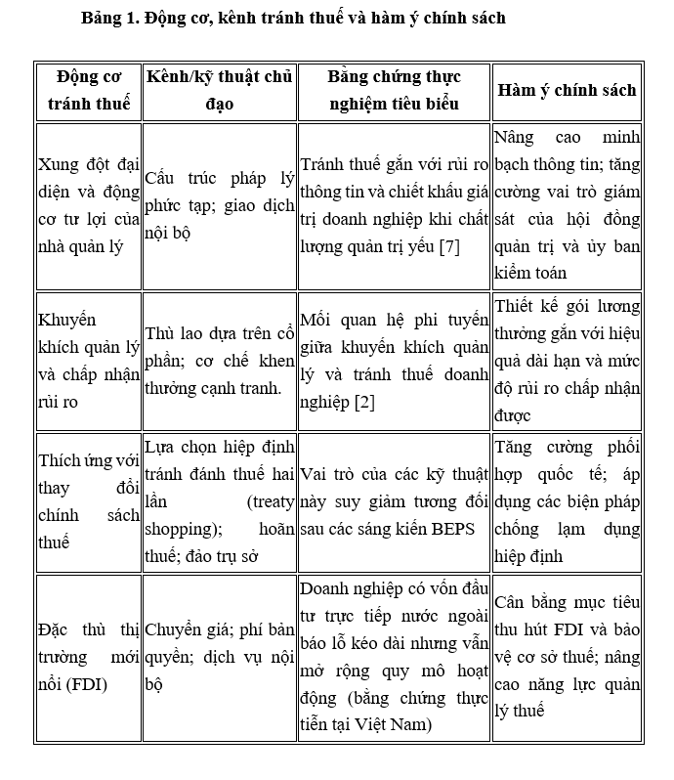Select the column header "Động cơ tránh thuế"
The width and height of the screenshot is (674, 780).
87,90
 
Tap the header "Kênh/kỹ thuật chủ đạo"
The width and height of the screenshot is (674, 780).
219,90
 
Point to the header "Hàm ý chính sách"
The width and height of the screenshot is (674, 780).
567,90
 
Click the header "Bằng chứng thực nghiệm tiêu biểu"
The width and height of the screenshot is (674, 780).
394,90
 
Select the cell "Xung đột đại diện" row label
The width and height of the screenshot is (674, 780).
87,204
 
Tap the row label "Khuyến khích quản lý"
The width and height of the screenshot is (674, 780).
87,347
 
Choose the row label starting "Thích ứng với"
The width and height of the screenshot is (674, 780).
87,500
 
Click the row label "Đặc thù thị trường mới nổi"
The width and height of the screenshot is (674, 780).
87,656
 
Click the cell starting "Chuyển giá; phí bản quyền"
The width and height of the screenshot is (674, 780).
219,657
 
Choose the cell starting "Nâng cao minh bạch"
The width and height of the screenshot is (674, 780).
567,204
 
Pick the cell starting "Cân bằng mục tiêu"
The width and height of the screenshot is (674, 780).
567,656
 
